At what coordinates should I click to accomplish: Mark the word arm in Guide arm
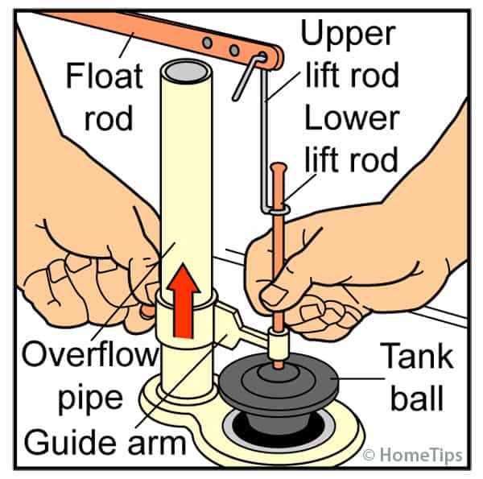158,441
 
